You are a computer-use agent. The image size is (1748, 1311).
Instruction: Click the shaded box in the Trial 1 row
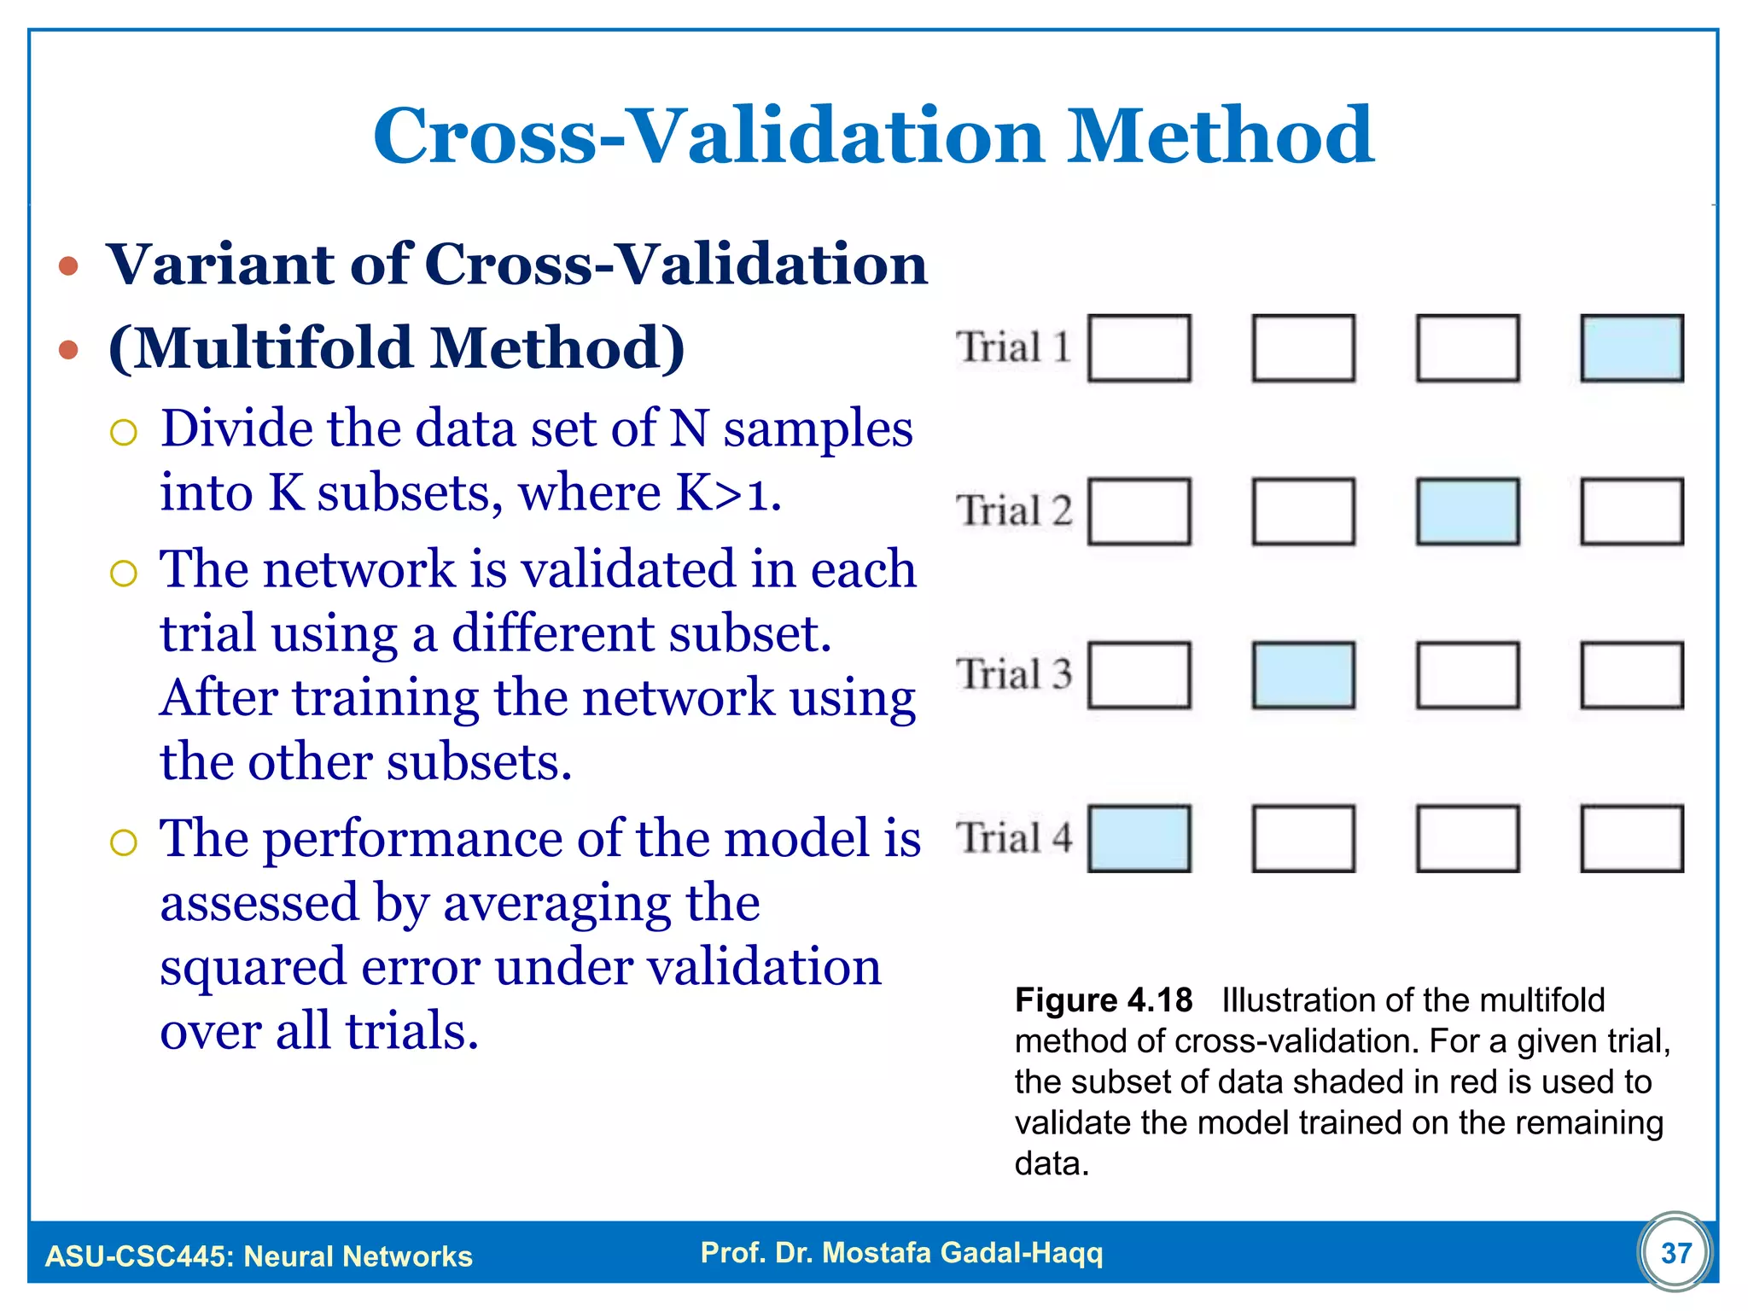coord(1631,348)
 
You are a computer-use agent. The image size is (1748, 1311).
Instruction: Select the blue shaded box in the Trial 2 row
coord(1467,512)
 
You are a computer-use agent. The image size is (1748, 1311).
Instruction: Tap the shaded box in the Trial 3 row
coord(1303,675)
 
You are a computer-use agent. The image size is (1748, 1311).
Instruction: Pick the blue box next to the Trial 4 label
coord(1139,839)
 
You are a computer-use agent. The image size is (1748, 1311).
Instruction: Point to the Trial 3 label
coord(1013,674)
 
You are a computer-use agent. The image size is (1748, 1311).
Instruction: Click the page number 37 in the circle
coord(1675,1253)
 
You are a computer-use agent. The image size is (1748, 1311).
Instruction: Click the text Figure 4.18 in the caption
coord(1103,1000)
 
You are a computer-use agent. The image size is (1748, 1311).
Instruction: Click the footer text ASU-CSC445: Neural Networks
coord(259,1256)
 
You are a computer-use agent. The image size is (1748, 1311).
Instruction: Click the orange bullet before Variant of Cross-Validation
coord(69,266)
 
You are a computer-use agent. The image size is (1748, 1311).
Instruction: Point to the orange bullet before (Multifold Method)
coord(69,349)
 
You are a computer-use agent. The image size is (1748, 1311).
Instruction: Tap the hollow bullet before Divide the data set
coord(124,433)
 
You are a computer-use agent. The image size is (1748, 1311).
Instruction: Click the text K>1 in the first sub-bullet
coord(728,493)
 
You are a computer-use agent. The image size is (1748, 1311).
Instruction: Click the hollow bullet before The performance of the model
coord(124,843)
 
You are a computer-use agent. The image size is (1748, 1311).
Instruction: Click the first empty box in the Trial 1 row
coord(1139,348)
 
